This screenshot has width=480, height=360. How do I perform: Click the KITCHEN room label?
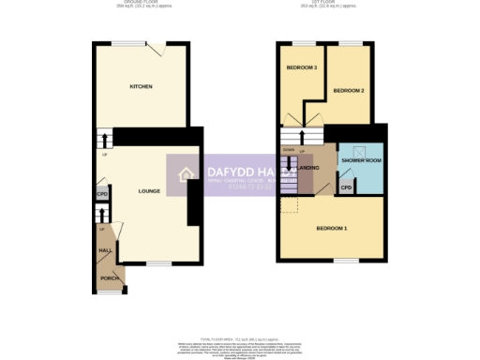tap(142, 86)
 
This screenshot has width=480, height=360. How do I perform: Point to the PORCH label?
tap(109, 278)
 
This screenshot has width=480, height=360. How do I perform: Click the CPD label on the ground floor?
tap(101, 195)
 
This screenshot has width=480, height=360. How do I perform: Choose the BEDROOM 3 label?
tap(302, 67)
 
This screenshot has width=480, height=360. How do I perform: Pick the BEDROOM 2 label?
tap(348, 89)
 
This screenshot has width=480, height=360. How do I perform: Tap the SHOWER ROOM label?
tap(359, 159)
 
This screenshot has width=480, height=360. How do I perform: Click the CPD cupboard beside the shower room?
tap(346, 187)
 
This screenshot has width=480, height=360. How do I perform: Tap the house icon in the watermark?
tap(186, 173)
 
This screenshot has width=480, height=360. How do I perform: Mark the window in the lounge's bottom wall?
tap(156, 264)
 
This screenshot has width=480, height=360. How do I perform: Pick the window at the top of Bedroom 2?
tap(351, 43)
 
